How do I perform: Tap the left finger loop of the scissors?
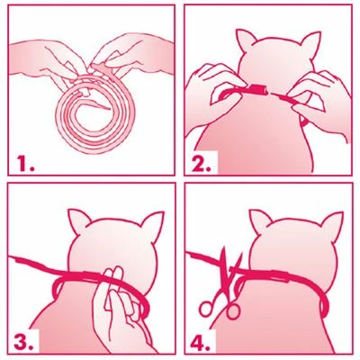(206, 309)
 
